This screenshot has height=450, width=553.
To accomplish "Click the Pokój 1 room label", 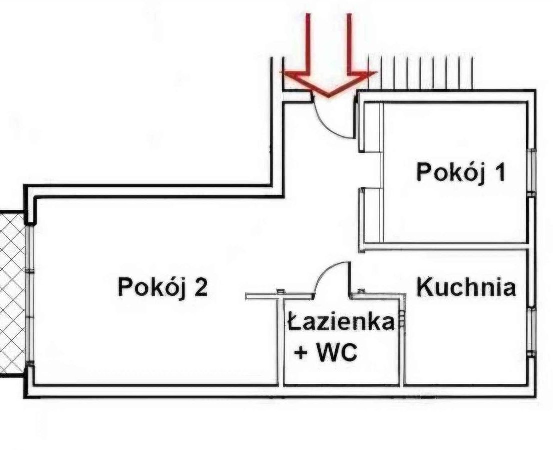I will pyautogui.click(x=461, y=173).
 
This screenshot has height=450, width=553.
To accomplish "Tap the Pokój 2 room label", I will pyautogui.click(x=162, y=287).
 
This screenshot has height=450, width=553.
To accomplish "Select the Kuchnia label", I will pyautogui.click(x=466, y=288).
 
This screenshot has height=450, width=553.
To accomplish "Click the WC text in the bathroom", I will pyautogui.click(x=338, y=353).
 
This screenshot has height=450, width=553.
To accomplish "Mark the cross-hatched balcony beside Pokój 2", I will pyautogui.click(x=12, y=295).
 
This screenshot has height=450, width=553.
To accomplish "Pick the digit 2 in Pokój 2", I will pyautogui.click(x=200, y=288).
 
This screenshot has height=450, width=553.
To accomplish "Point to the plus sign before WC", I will pyautogui.click(x=301, y=353).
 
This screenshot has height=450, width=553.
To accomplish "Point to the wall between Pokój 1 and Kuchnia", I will pyautogui.click(x=445, y=246).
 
